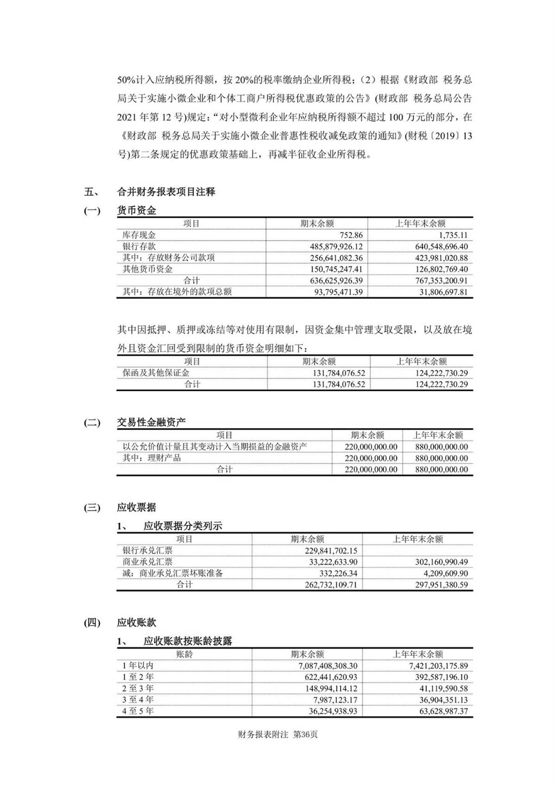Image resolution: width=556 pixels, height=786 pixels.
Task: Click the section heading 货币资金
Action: click(136, 211)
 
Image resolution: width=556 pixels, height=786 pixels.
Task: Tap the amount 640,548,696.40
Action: click(436, 246)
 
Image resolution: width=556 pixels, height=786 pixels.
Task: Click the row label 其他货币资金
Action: click(147, 269)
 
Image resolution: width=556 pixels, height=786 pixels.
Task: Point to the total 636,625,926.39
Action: click(331, 281)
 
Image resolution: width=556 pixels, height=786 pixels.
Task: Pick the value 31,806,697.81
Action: click(436, 292)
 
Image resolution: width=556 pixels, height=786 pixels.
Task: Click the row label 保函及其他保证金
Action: click(156, 373)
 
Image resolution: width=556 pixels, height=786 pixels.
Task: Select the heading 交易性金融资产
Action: click(151, 422)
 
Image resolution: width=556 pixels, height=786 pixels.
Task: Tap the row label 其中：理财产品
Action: click(152, 458)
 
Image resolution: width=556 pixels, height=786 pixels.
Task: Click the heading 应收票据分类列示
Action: click(183, 526)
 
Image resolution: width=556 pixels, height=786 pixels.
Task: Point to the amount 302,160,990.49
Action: click(436, 562)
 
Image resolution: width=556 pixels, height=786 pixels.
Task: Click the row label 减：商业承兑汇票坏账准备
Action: click(172, 573)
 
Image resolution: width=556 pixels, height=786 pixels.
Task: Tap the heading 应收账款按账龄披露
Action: click(187, 641)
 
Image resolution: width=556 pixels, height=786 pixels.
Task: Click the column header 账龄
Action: click(184, 654)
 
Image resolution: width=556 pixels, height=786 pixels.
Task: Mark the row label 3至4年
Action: click(138, 700)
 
